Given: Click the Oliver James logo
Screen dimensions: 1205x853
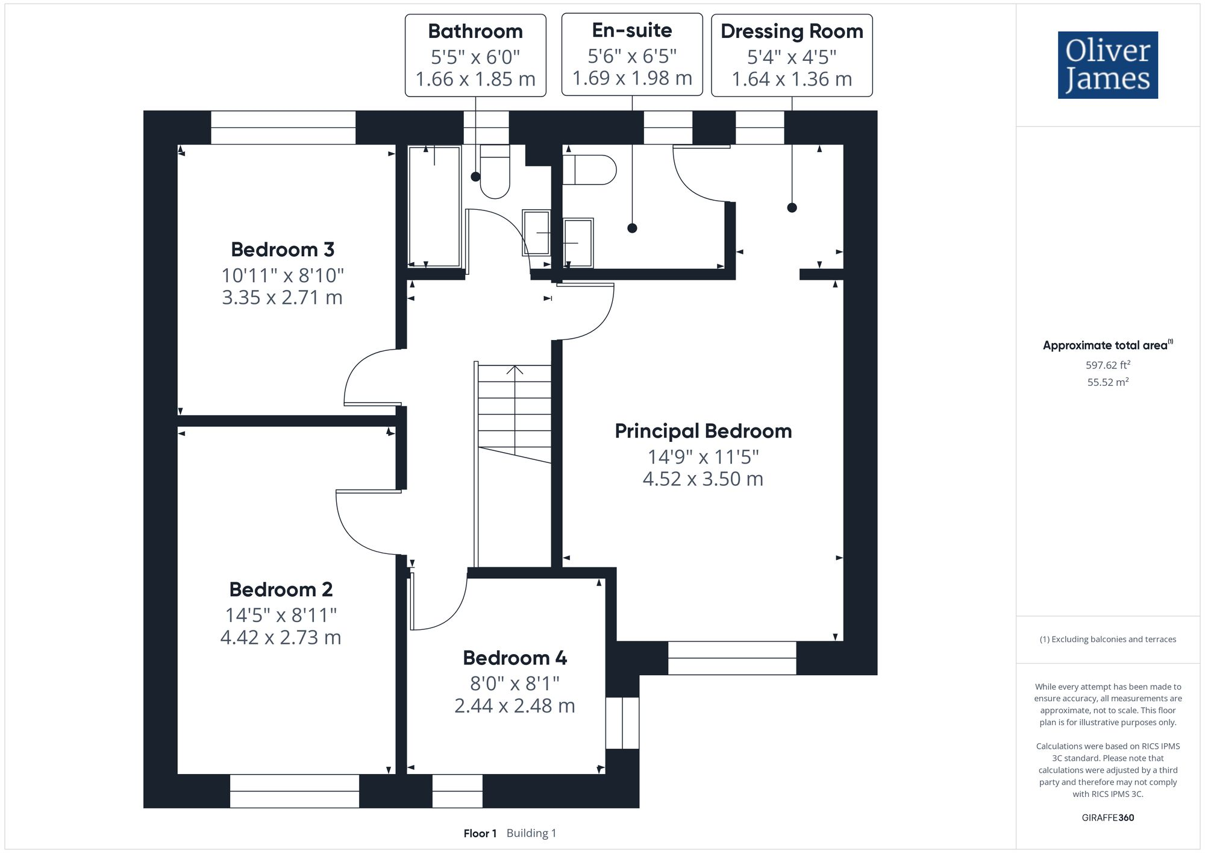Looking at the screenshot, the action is tap(1108, 65).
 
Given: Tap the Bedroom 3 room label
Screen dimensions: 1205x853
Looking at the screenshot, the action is tap(283, 250).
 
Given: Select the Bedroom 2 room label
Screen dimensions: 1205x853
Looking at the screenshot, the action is tap(281, 590).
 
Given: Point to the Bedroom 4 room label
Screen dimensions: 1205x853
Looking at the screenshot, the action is tap(515, 658).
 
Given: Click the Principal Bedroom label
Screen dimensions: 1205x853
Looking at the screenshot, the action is tap(703, 432).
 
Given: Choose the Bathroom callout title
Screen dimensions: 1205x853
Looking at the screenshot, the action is tap(475, 31).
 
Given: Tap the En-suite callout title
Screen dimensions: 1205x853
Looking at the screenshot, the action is tap(632, 30).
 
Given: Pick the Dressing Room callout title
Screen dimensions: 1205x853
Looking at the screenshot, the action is tap(792, 31).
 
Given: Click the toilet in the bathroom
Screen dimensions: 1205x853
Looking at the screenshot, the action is tap(495, 171).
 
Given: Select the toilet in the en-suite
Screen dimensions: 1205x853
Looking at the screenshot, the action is tap(589, 170).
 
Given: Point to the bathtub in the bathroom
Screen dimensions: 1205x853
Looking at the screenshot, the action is tap(434, 206).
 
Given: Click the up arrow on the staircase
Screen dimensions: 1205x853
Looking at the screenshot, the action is tap(515, 370).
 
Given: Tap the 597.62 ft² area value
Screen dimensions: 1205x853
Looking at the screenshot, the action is tap(1107, 365).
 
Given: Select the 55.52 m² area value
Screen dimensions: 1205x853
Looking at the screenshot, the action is tap(1107, 382).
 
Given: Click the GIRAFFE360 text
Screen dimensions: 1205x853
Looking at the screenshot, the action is tap(1107, 818).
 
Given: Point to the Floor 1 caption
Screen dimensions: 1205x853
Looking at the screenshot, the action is tap(480, 834).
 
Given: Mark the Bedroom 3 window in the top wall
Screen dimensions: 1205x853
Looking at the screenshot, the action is tap(283, 127).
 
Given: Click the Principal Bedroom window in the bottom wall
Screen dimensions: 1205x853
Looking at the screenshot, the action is tap(732, 658).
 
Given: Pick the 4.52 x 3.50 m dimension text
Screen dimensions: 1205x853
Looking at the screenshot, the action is tap(703, 479).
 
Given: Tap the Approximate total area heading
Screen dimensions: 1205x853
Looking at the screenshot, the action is tap(1108, 345).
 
